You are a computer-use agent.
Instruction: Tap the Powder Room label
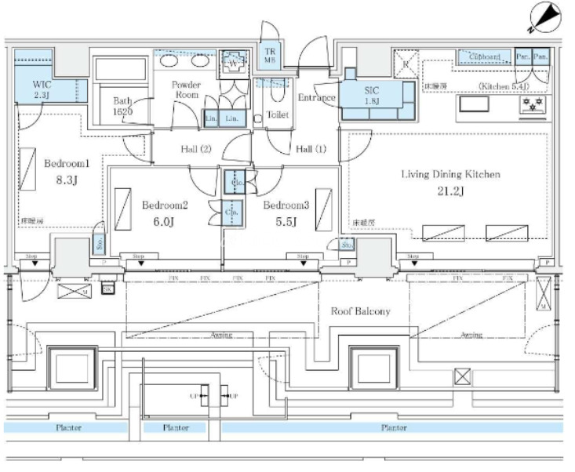(x=186, y=89)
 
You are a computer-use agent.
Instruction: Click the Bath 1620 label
(x=122, y=106)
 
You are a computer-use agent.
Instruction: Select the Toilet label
(x=278, y=114)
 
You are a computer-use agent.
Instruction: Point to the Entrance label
(x=317, y=97)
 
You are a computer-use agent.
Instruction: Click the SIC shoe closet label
(x=372, y=94)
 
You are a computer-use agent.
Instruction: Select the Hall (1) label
(x=311, y=149)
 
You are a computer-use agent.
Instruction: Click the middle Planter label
(x=175, y=428)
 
